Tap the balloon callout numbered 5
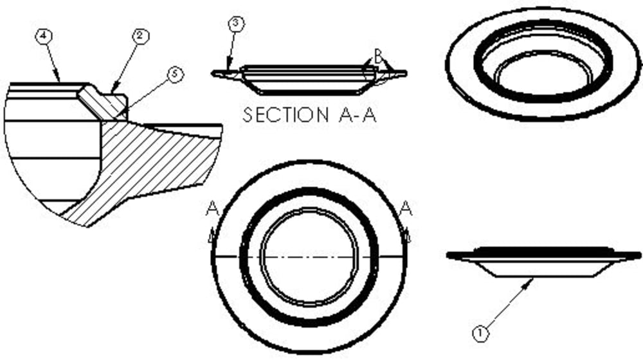pos(174,74)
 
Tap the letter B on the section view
pos(379,58)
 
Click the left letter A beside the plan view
pos(212,208)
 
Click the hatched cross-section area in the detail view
pos(154,167)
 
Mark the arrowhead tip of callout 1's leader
pos(533,278)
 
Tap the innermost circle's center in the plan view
pos(309,256)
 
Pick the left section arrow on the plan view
pos(212,237)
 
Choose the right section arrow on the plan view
pos(406,237)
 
